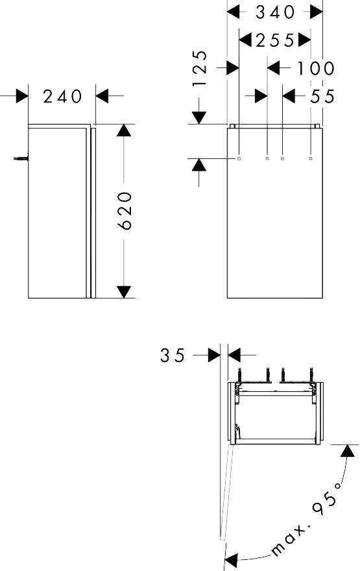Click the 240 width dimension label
pyautogui.click(x=62, y=96)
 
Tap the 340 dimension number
pyautogui.click(x=275, y=12)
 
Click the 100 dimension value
pyautogui.click(x=316, y=67)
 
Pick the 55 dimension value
pyautogui.click(x=322, y=96)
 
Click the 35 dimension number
pyautogui.click(x=173, y=355)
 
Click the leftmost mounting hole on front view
pyautogui.click(x=239, y=158)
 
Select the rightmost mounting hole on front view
pyautogui.click(x=311, y=158)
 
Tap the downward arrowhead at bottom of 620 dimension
pyautogui.click(x=124, y=292)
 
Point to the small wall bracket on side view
pyautogui.click(x=23, y=157)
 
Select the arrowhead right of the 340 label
pyautogui.click(x=316, y=12)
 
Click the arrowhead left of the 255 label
pyautogui.click(x=246, y=40)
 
